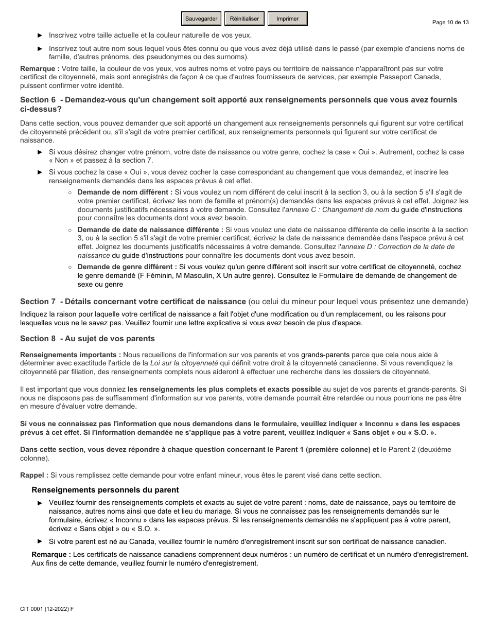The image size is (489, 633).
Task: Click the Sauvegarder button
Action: pos(201,19)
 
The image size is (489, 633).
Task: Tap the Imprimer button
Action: pos(287,19)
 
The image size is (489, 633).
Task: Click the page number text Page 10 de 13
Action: pos(450,22)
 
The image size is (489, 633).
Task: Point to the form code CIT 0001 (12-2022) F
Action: pos(47,609)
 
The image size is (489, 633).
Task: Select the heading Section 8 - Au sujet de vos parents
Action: pos(87,339)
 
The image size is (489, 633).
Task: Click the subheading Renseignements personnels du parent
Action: pos(105,490)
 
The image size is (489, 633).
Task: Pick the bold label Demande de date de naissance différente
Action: pos(150,230)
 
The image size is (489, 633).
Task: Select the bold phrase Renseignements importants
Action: pos(71,355)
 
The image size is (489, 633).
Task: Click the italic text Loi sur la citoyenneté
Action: pos(184,363)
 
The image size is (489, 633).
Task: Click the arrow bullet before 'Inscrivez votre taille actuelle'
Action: pos(40,36)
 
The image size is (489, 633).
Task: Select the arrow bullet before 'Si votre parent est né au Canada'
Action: pos(40,541)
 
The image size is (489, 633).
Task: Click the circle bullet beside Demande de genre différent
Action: pos(69,267)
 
